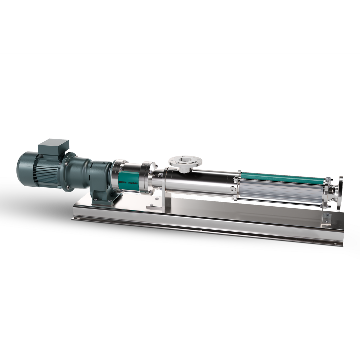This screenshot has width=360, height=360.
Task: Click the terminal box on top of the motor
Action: pos(53,147)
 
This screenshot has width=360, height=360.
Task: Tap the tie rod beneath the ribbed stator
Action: pos(283,202)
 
